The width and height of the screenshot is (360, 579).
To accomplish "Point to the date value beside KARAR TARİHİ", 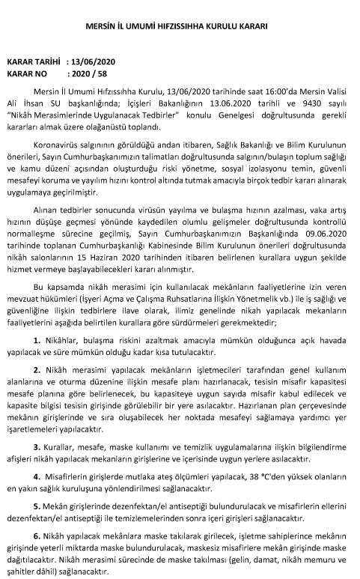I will pos(94,64).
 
